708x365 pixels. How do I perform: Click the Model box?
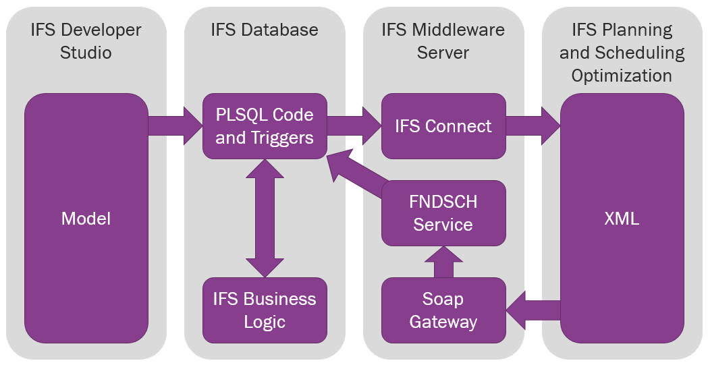(86, 219)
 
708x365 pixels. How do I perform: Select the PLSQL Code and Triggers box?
(265, 126)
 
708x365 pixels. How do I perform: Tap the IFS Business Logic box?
(265, 310)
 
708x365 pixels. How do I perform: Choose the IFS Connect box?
(443, 126)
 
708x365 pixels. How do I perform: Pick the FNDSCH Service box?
(443, 213)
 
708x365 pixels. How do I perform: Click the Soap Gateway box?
(443, 310)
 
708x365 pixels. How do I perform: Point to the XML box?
(622, 219)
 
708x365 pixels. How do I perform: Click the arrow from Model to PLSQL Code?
(174, 126)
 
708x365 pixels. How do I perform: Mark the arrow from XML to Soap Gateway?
(533, 310)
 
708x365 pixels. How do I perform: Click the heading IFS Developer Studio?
(86, 40)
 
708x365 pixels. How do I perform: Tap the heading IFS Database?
(265, 30)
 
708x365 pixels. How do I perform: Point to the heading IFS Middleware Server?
(443, 40)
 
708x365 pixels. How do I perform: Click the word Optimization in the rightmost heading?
(622, 75)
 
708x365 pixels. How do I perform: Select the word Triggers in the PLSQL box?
(282, 138)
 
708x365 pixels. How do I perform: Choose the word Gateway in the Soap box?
(443, 322)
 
